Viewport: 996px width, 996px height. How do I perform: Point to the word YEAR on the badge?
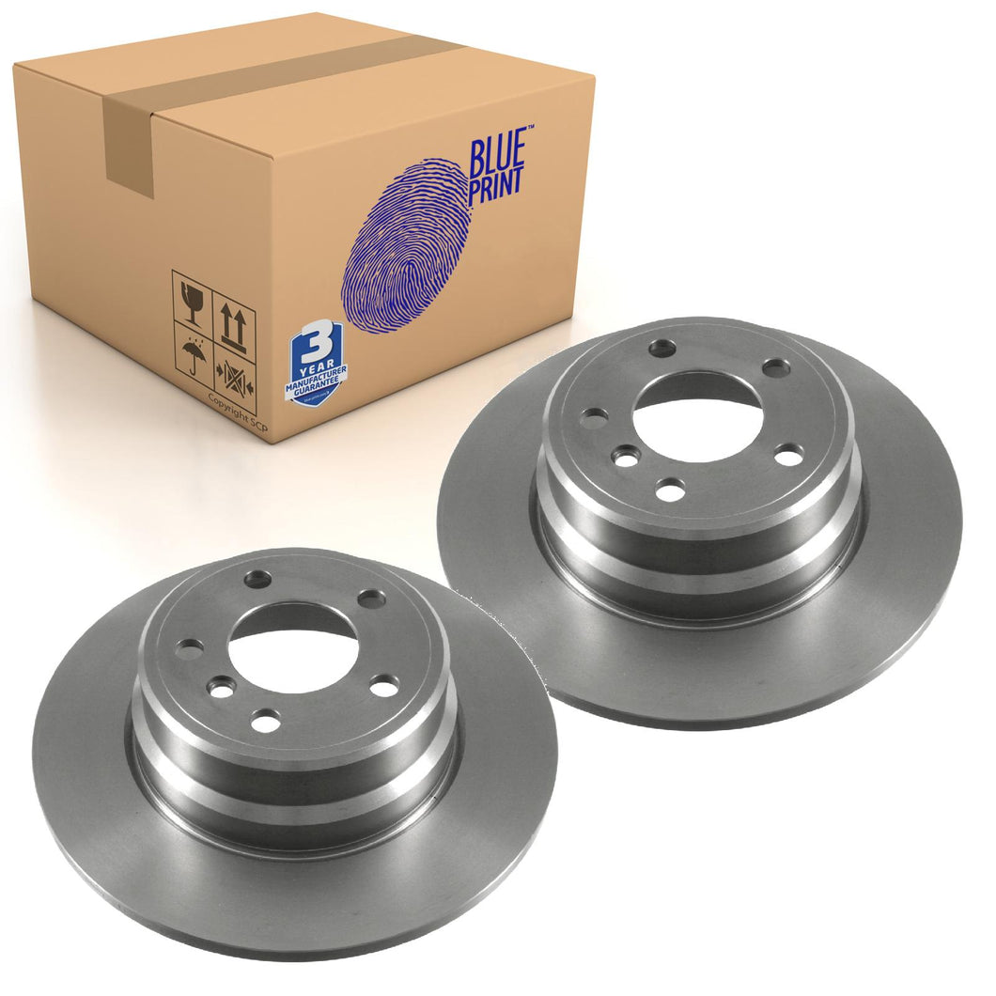[314, 362]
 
